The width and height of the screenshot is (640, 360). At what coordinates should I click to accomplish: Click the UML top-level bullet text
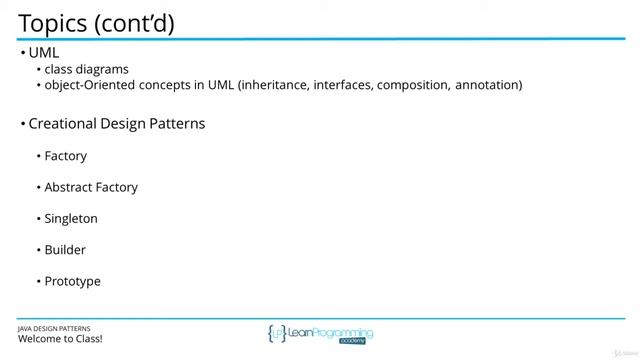click(x=44, y=51)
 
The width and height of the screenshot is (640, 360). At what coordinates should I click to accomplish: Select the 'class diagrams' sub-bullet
click(x=86, y=69)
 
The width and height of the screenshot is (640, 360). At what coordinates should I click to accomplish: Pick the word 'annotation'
click(x=487, y=85)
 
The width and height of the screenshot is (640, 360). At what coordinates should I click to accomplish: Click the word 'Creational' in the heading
click(x=64, y=124)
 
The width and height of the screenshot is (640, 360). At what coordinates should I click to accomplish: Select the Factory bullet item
click(x=66, y=156)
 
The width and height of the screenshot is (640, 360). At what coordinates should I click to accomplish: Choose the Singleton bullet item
click(x=71, y=218)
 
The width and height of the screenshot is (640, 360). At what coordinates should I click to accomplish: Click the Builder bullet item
click(x=65, y=250)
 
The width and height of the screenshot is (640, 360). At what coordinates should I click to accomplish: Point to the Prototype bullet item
click(x=73, y=281)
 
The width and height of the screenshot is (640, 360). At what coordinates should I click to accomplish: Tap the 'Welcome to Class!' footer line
click(x=60, y=339)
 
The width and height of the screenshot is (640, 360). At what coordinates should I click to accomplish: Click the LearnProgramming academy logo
click(x=320, y=334)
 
